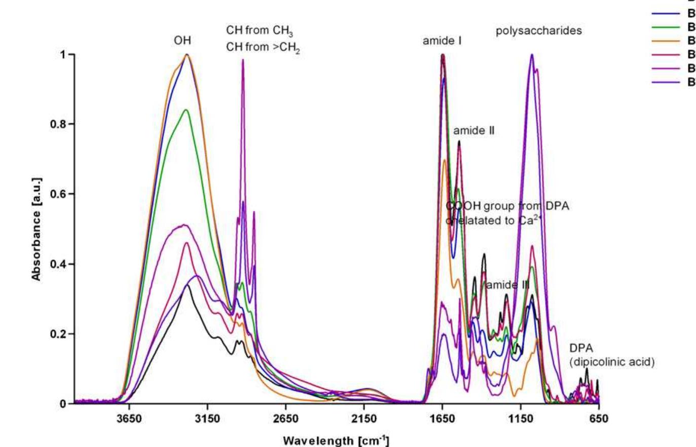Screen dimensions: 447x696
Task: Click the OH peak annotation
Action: pos(182,41)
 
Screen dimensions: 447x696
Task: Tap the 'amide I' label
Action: pos(442,41)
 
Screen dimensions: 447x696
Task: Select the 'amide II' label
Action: pos(473,131)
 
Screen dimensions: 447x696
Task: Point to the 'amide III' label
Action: pos(507,285)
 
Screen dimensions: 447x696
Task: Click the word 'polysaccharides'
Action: pos(538,31)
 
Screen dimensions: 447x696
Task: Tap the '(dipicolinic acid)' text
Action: pos(612,362)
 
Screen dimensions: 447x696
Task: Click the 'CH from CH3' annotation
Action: pos(260,31)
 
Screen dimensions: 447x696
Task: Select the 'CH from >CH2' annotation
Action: pos(263,49)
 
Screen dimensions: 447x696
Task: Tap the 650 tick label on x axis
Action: pos(599,420)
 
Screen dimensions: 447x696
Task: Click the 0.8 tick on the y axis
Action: pos(60,124)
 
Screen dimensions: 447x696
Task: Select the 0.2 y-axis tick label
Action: pos(60,334)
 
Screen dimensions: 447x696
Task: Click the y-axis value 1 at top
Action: pos(64,54)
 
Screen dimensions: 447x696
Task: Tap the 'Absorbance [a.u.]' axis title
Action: pos(36,229)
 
